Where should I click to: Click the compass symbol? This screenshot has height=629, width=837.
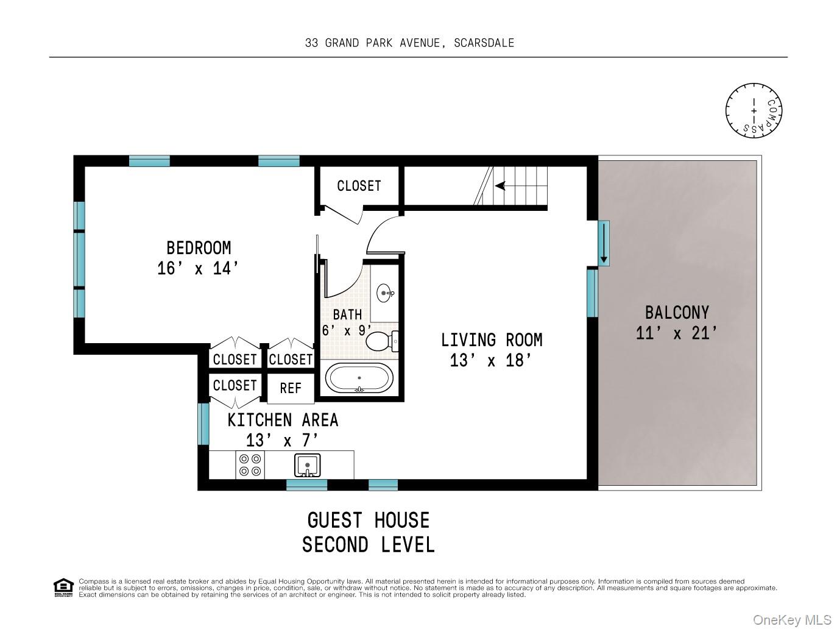click(754, 110)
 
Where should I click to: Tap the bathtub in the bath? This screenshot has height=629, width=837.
click(359, 378)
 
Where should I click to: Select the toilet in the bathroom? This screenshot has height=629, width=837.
click(382, 341)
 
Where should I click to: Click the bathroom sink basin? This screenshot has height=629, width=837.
click(384, 293)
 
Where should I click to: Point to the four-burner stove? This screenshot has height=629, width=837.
click(250, 465)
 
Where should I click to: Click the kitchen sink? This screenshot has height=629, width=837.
click(307, 466)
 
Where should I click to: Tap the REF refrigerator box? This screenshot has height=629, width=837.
click(291, 388)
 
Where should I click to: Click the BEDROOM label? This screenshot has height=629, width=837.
click(199, 248)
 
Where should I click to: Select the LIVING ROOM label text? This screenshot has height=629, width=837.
click(492, 340)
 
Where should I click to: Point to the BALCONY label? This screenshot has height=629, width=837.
click(677, 313)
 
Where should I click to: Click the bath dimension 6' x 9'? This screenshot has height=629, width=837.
click(347, 330)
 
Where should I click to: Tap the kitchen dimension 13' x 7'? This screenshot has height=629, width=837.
click(282, 441)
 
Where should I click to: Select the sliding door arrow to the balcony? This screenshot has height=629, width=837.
click(604, 243)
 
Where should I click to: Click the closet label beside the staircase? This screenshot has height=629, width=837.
click(359, 186)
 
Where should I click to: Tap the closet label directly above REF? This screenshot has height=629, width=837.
click(291, 360)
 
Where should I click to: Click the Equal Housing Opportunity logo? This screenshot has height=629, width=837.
click(63, 588)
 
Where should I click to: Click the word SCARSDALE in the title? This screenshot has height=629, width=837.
click(484, 43)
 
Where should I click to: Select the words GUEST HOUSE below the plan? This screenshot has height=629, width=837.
click(369, 521)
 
